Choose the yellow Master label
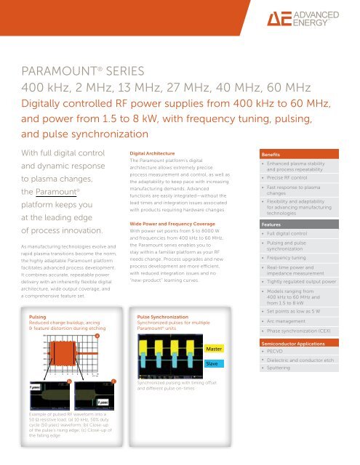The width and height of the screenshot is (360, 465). pyautogui.click(x=213, y=349)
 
